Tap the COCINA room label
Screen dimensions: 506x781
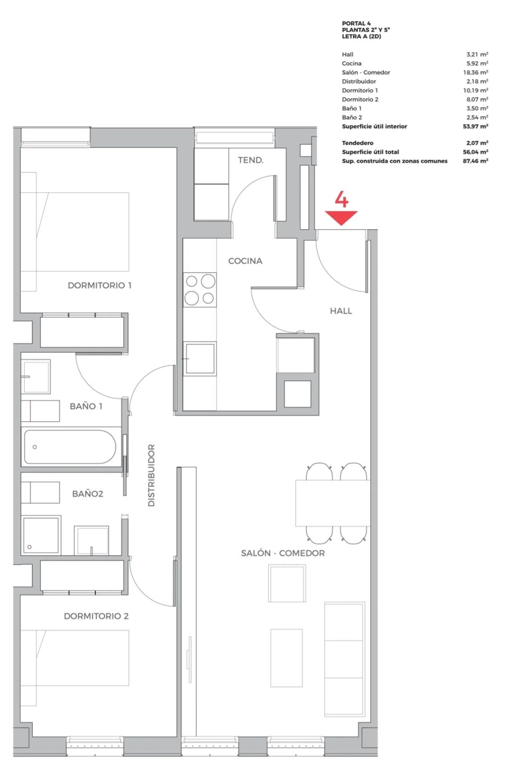tap(245, 261)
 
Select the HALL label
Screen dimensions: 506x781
tap(341, 311)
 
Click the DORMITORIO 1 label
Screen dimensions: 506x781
tap(100, 285)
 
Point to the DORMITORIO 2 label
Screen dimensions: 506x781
tap(96, 616)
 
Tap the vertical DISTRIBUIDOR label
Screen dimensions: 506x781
tap(151, 475)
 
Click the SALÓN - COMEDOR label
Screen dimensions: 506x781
tap(283, 553)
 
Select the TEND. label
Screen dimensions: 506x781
tap(251, 160)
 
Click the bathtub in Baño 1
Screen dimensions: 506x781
tap(70, 447)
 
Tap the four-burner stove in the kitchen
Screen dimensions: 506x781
tap(200, 290)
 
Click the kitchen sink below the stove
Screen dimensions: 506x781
tap(200, 359)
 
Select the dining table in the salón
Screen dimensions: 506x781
tap(333, 503)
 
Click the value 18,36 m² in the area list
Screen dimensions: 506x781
tap(476, 72)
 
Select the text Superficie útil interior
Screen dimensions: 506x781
tap(374, 126)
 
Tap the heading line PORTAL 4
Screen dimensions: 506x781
tap(356, 23)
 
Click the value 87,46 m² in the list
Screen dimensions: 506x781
tap(476, 161)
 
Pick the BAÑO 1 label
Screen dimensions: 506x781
tap(86, 406)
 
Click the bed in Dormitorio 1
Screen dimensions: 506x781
tap(75, 232)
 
